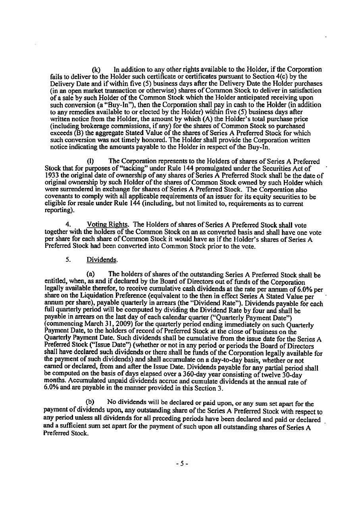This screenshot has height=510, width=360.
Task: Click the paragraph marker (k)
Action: [95, 69]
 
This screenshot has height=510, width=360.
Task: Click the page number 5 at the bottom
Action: [181, 464]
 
